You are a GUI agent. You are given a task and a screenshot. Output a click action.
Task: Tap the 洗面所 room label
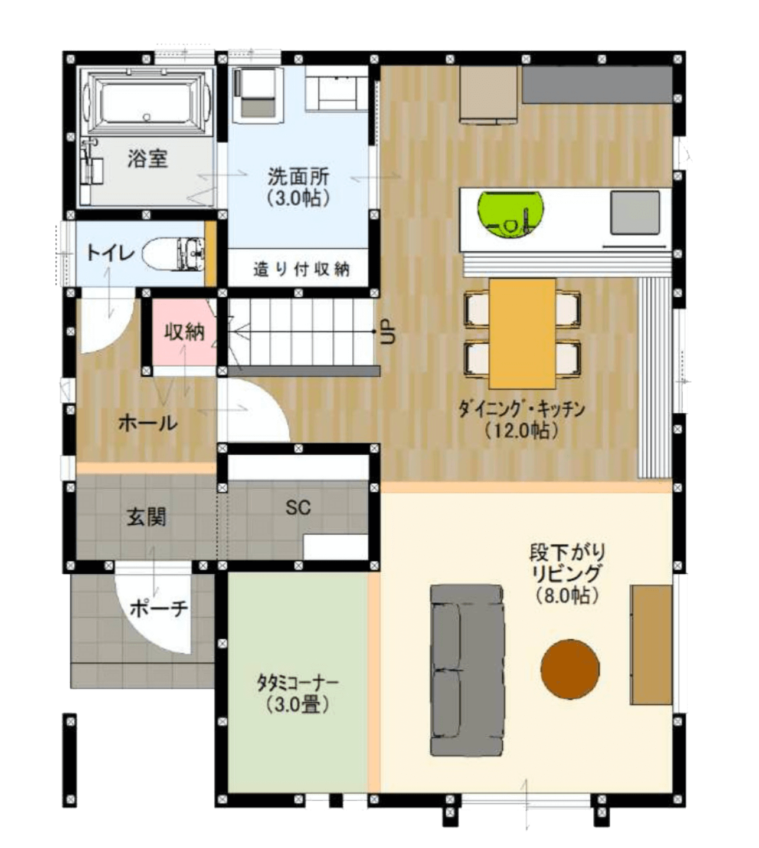pos(298,187)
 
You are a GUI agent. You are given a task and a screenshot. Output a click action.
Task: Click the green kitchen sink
pos(511,213)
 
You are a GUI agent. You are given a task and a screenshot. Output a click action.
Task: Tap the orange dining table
pos(522,333)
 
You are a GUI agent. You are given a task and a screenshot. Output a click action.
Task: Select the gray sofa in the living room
pos(466,670)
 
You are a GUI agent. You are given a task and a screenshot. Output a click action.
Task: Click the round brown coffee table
pos(570,667)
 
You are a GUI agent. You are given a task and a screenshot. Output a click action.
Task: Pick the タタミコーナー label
pos(297,692)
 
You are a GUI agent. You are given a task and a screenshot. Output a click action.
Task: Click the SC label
pos(298,507)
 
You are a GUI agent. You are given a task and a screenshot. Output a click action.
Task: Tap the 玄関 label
pos(146,517)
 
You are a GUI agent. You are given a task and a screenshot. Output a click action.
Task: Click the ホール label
pos(148,422)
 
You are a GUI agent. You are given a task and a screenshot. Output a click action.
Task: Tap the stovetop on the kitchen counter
pos(634,212)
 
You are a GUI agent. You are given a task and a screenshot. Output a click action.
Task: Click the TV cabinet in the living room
pos(652,643)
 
